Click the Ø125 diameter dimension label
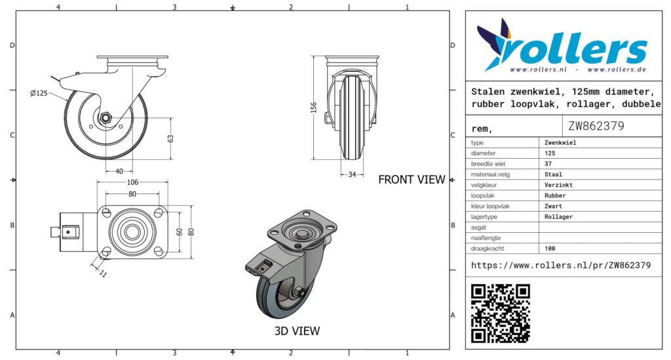pos(39,93)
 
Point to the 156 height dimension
pos(314,108)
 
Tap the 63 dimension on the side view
pos(170,139)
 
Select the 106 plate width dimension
pos(132,182)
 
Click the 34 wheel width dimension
pos(352,174)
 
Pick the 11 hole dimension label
pos(103,273)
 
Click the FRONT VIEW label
pos(412,180)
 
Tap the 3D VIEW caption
pos(297,331)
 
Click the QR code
pos(500,313)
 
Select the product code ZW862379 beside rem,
pos(596,126)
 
